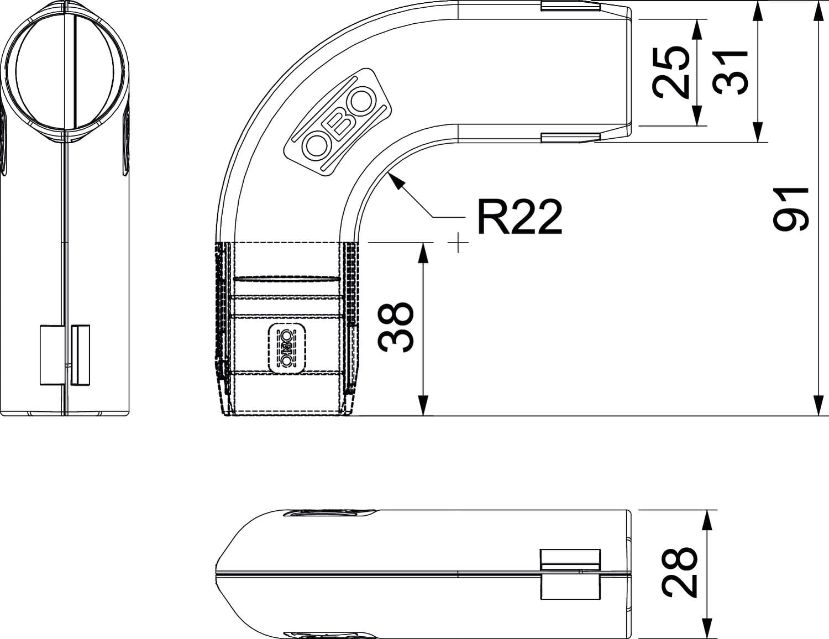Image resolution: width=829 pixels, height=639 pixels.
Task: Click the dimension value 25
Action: [670, 72]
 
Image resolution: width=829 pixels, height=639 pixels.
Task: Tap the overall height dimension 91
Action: [790, 209]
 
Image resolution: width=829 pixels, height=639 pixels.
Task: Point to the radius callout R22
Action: [520, 217]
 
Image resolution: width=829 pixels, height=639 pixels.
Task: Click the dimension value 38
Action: [395, 327]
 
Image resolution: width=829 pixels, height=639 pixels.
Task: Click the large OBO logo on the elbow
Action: [338, 123]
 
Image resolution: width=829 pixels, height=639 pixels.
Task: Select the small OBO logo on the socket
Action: [287, 348]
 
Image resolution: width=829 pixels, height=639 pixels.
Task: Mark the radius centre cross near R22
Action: [458, 242]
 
